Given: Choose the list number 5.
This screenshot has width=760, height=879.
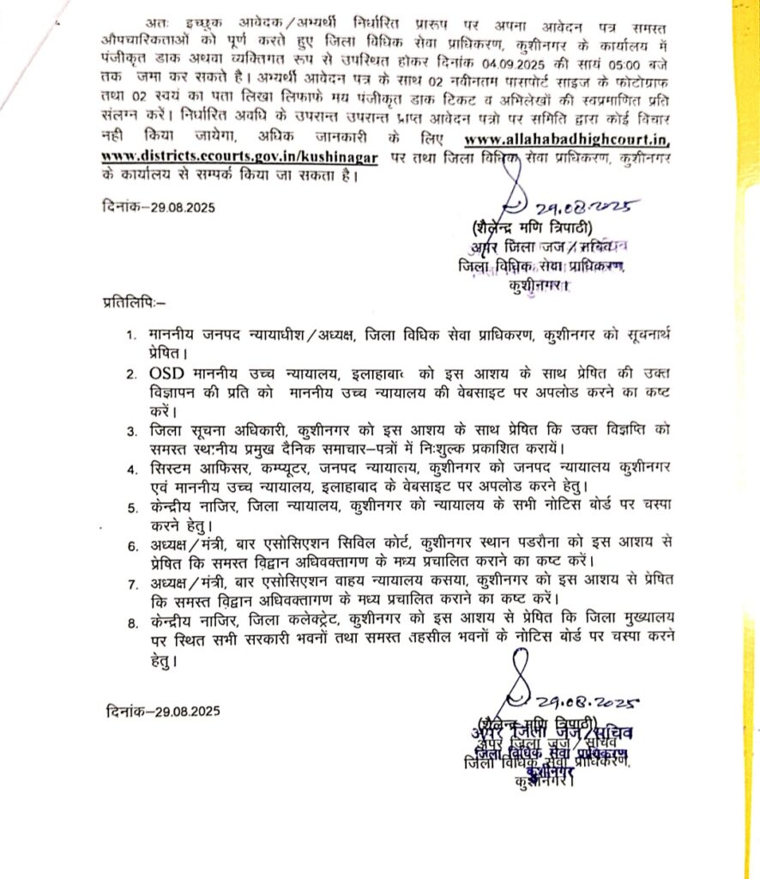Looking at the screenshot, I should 130,507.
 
